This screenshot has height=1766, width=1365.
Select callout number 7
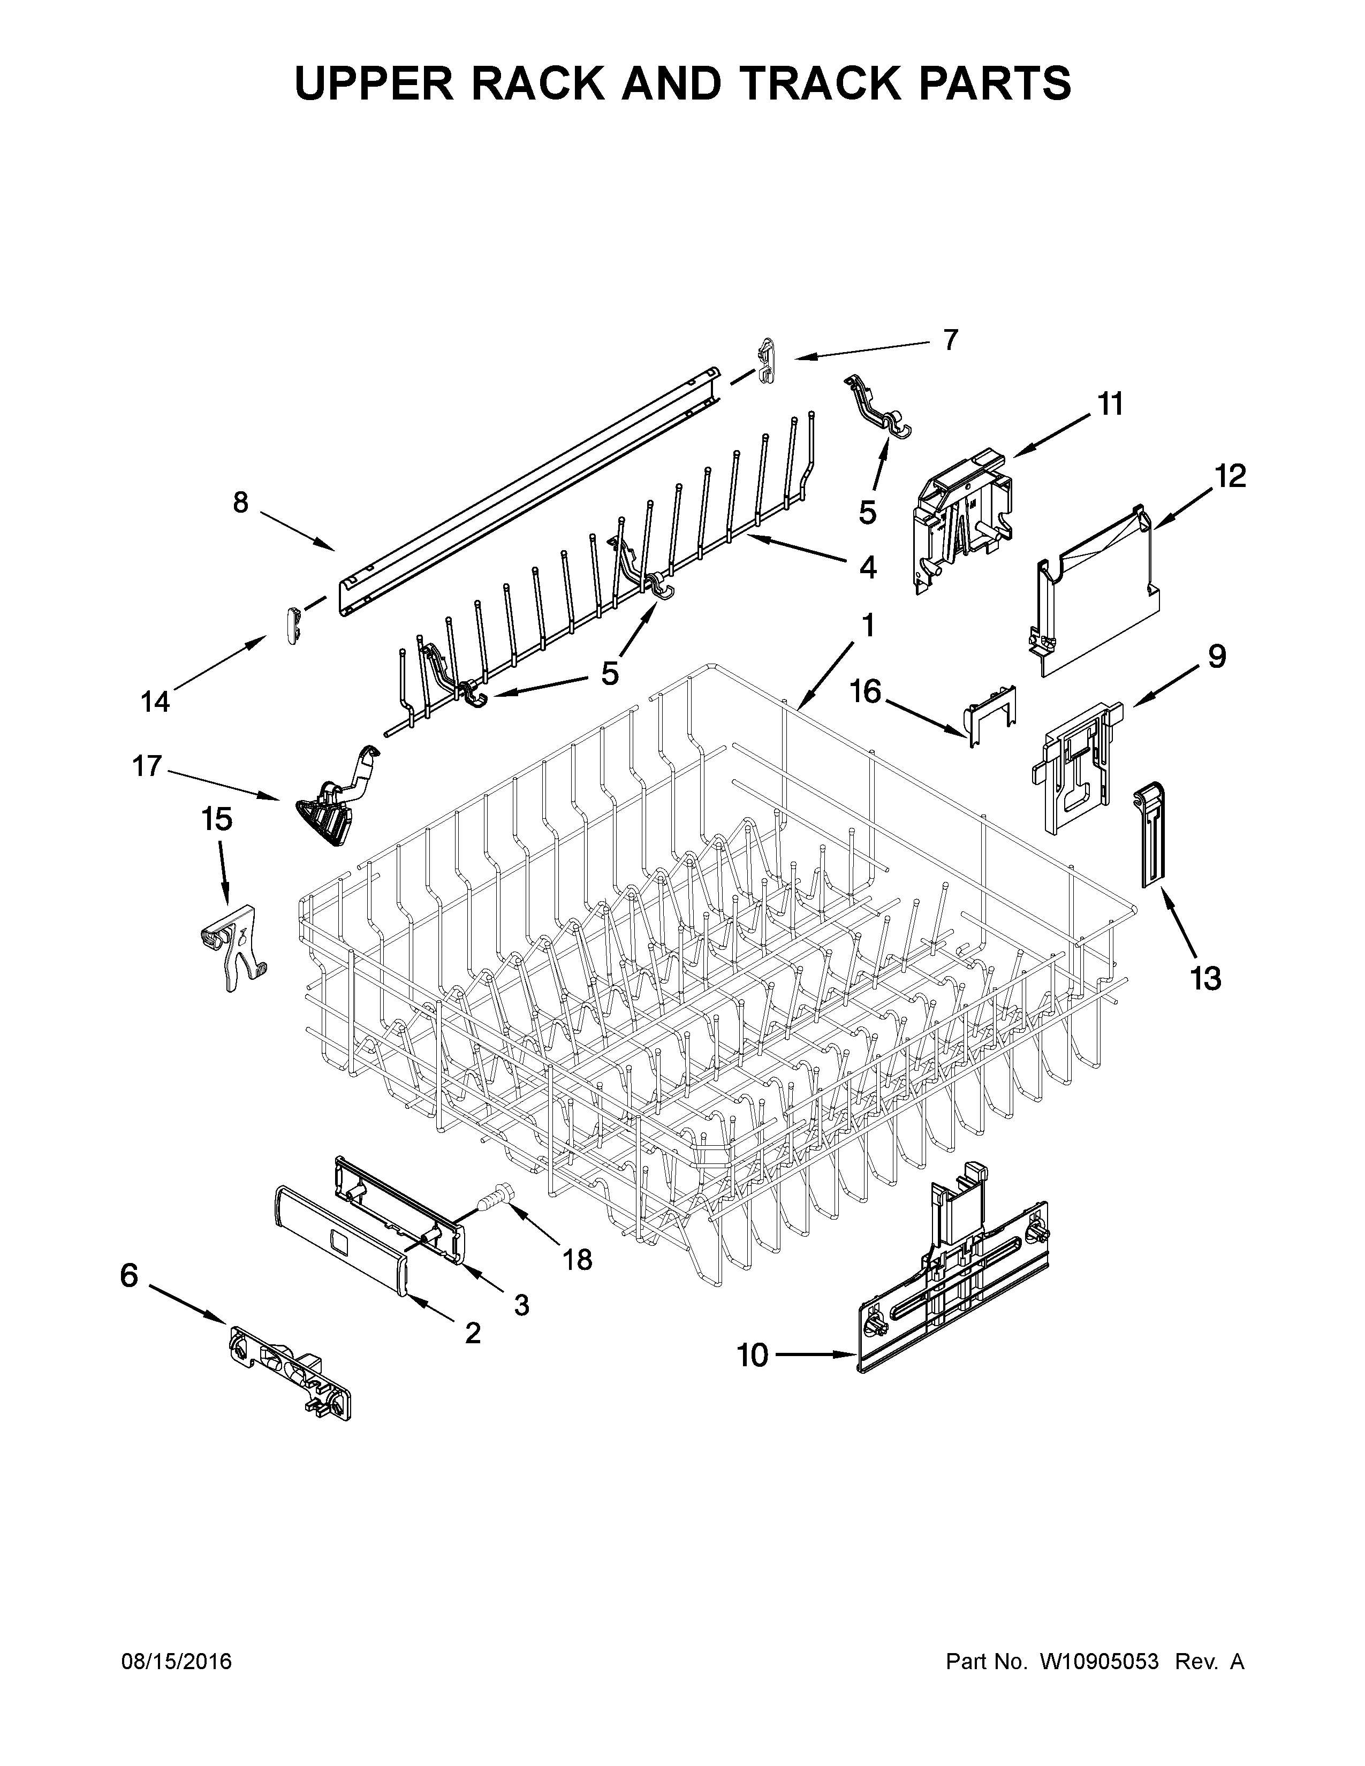tap(950, 340)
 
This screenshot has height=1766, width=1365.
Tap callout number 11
tap(1110, 404)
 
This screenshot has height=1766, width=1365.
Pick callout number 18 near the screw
tap(578, 1259)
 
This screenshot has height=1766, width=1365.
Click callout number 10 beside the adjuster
tap(752, 1355)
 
